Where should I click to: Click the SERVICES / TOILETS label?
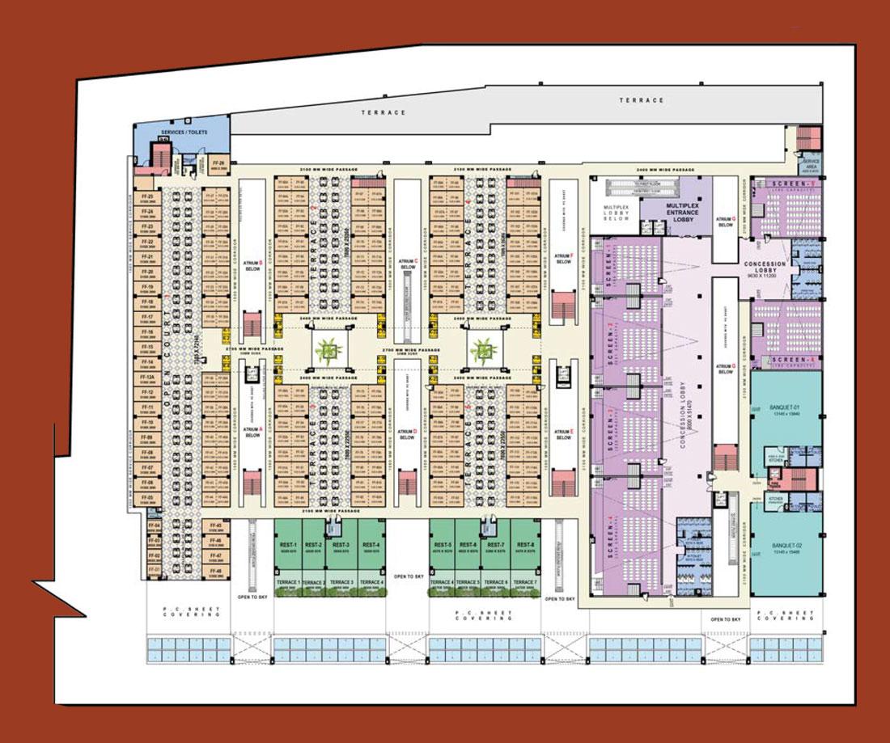point(185,131)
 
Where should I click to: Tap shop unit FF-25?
point(148,198)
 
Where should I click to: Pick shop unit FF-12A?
point(148,378)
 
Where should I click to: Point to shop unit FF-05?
point(148,499)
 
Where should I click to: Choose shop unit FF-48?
point(214,572)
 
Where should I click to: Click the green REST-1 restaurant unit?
point(289,547)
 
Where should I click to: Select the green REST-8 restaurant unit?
point(524,547)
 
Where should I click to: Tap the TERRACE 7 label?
point(524,582)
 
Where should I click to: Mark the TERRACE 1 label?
point(288,582)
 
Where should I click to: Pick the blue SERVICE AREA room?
point(810,164)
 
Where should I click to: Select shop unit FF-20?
point(148,272)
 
